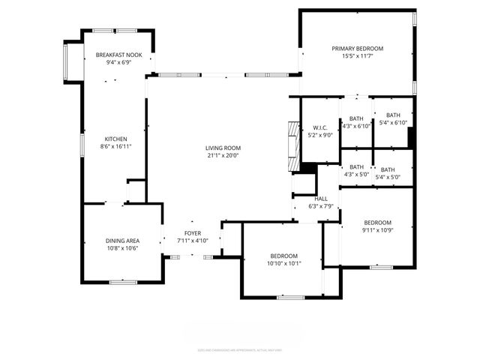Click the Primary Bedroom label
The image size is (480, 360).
click(x=358, y=48)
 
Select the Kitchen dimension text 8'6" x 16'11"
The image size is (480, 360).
click(x=115, y=147)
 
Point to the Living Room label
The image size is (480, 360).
click(x=223, y=148)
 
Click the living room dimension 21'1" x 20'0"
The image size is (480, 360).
click(x=223, y=156)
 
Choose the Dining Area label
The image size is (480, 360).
click(x=121, y=241)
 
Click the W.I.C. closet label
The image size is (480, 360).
click(x=320, y=127)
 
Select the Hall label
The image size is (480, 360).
click(x=321, y=199)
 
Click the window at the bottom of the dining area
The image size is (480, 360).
click(x=123, y=282)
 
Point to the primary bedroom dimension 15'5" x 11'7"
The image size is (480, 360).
click(x=358, y=56)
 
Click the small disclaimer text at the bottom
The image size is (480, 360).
click(x=239, y=349)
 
